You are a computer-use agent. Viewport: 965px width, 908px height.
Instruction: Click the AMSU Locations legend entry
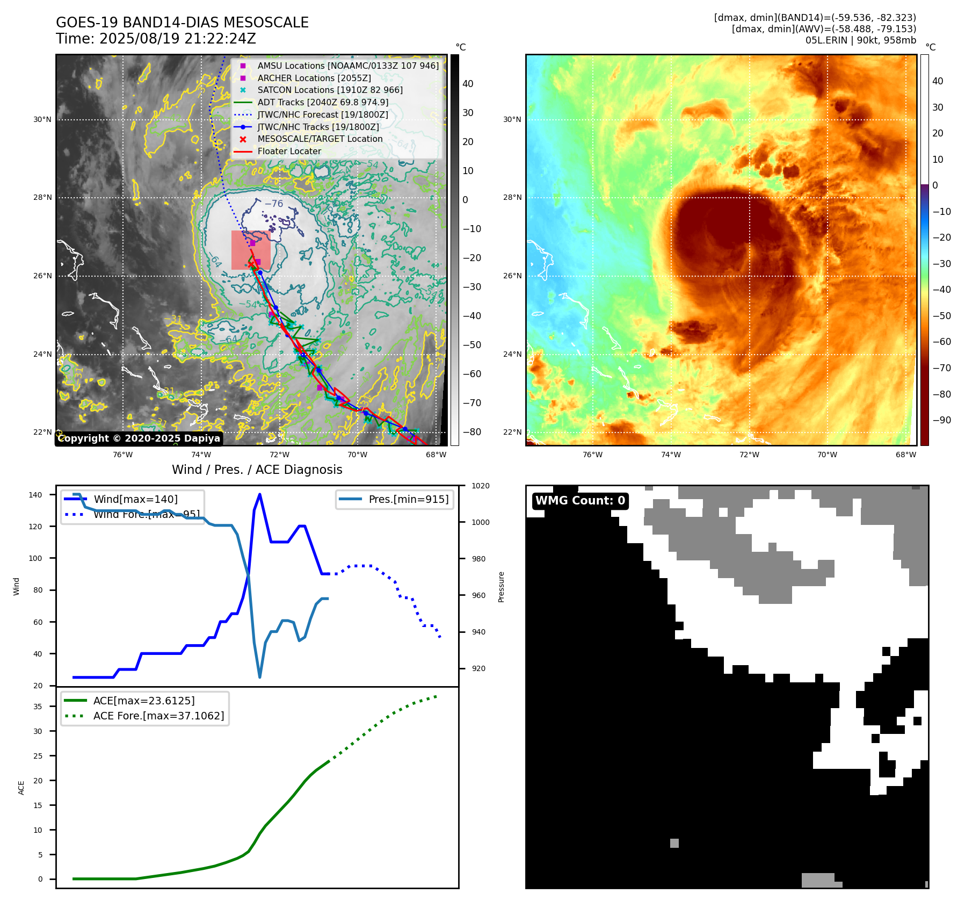[347, 66]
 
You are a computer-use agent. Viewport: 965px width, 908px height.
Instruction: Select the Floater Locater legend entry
[289, 151]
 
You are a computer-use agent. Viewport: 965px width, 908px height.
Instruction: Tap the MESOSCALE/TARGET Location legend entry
[320, 139]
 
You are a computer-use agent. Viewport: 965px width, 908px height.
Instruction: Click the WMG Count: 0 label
[580, 501]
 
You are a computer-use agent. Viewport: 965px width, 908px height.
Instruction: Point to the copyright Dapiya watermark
[139, 438]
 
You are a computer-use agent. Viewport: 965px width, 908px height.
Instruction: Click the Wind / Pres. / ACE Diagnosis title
[257, 470]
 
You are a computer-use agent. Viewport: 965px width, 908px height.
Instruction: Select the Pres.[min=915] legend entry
[408, 499]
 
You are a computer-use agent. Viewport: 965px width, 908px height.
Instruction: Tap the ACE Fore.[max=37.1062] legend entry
[158, 716]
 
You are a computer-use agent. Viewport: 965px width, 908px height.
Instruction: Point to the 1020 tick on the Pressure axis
[481, 486]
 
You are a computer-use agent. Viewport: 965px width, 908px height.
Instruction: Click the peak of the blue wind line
[260, 494]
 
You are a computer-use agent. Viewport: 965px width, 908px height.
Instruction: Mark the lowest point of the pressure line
[260, 677]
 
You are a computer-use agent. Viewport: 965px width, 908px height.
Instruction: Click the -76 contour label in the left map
[274, 204]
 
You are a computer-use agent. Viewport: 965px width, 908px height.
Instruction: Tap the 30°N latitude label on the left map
[42, 119]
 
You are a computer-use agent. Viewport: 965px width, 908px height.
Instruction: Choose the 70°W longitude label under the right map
[827, 455]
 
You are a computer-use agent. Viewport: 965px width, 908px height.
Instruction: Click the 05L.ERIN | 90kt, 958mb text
[860, 40]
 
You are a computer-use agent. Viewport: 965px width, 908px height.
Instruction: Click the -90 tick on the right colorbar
[941, 420]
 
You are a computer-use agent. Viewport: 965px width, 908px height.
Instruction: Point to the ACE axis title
[21, 788]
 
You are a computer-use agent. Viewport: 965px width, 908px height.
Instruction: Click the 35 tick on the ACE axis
[38, 707]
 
